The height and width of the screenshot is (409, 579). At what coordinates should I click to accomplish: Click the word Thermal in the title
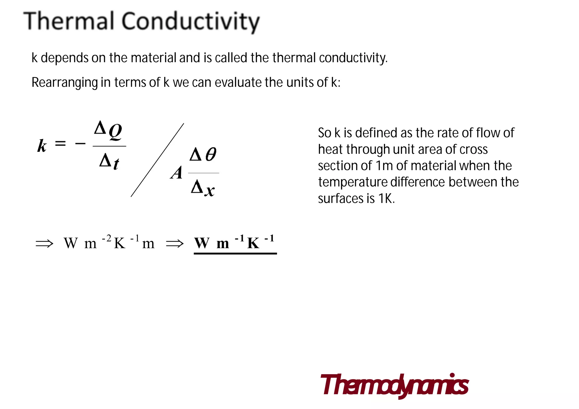point(69,21)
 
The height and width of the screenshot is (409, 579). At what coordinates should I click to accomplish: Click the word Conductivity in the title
point(191,22)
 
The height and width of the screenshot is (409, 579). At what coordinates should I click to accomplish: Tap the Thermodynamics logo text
point(394,385)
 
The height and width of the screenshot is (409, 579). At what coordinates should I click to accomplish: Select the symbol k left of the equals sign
point(42,146)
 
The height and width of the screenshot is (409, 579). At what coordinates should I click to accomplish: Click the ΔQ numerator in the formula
point(108,130)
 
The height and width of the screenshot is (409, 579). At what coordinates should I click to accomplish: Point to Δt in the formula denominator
point(109,162)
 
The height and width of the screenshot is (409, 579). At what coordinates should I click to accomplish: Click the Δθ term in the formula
point(203,154)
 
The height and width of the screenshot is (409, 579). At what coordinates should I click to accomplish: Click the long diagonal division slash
point(157,160)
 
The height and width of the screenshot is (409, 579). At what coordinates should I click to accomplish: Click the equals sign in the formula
point(60,144)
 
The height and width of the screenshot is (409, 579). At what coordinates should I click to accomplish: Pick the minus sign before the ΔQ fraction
point(80,144)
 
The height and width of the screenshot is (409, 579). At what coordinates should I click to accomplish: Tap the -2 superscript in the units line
point(107,239)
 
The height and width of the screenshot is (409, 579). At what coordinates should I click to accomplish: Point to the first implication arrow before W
point(44,243)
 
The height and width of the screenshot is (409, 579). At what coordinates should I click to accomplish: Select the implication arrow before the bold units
point(175,243)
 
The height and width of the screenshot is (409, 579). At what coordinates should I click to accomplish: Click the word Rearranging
point(64,83)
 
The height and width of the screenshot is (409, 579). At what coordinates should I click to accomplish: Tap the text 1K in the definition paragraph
point(386,198)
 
